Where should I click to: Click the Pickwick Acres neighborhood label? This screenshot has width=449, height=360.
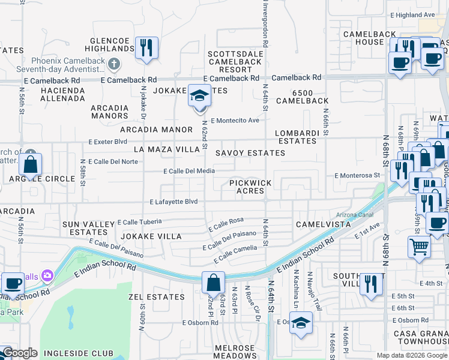(250, 187)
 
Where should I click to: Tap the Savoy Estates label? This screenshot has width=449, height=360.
(250, 153)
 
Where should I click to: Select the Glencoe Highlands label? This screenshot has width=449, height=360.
(111, 44)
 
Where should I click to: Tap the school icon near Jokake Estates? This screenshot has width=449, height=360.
(200, 96)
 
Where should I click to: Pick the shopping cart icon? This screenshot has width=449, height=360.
(419, 246)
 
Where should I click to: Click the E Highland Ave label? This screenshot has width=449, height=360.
(412, 14)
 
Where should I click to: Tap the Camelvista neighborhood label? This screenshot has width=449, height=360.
(322, 224)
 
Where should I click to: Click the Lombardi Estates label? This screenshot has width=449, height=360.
(295, 137)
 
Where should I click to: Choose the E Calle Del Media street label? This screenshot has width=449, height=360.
(189, 171)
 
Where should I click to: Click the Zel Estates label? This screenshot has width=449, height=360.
(157, 297)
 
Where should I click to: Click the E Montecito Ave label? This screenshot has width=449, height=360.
(234, 120)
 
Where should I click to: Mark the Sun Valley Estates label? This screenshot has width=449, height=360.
(88, 228)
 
